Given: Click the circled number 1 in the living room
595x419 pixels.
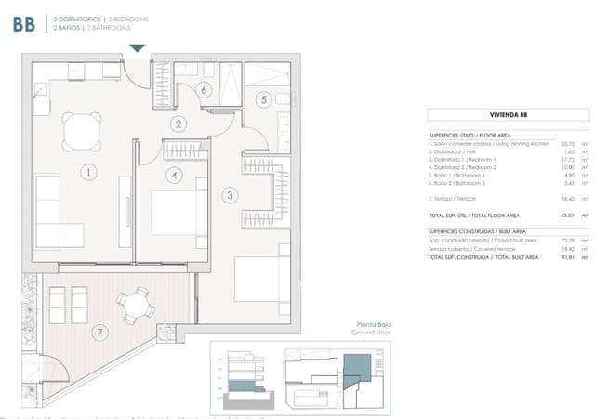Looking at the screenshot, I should click(86, 172).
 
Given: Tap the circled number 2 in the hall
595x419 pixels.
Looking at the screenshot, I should click(176, 123).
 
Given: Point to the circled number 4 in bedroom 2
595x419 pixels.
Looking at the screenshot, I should click(173, 174).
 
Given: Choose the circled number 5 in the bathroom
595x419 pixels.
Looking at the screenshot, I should click(263, 99).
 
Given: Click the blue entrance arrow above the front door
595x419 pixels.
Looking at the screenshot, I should click(138, 48).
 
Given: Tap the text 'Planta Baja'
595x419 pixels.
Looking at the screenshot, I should click(366, 324).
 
